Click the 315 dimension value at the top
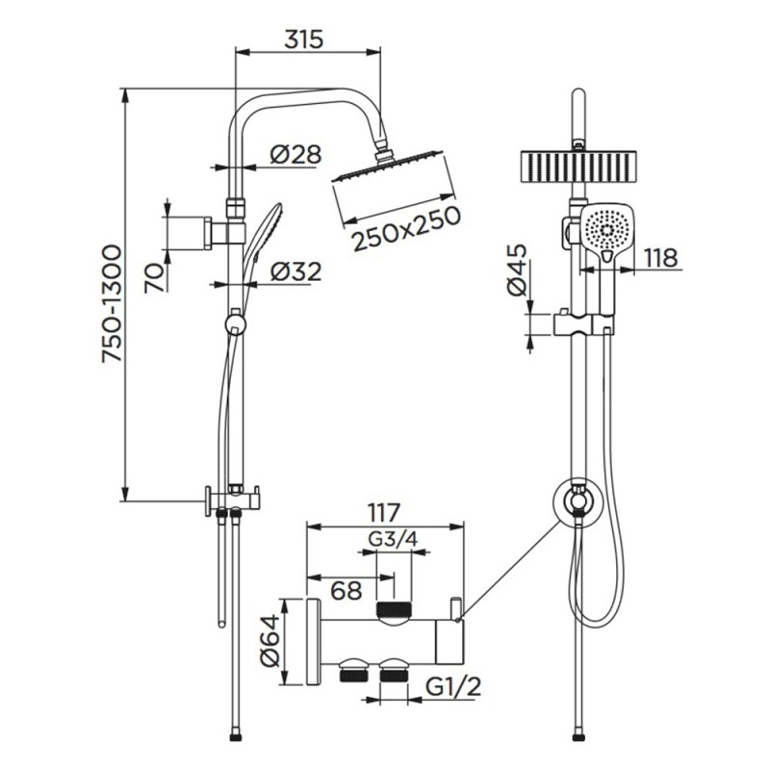(x=304, y=39)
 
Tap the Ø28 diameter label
(x=295, y=153)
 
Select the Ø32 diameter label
(x=295, y=273)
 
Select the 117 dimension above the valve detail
(x=382, y=512)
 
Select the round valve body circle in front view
(x=577, y=501)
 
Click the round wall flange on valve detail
(x=312, y=641)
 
